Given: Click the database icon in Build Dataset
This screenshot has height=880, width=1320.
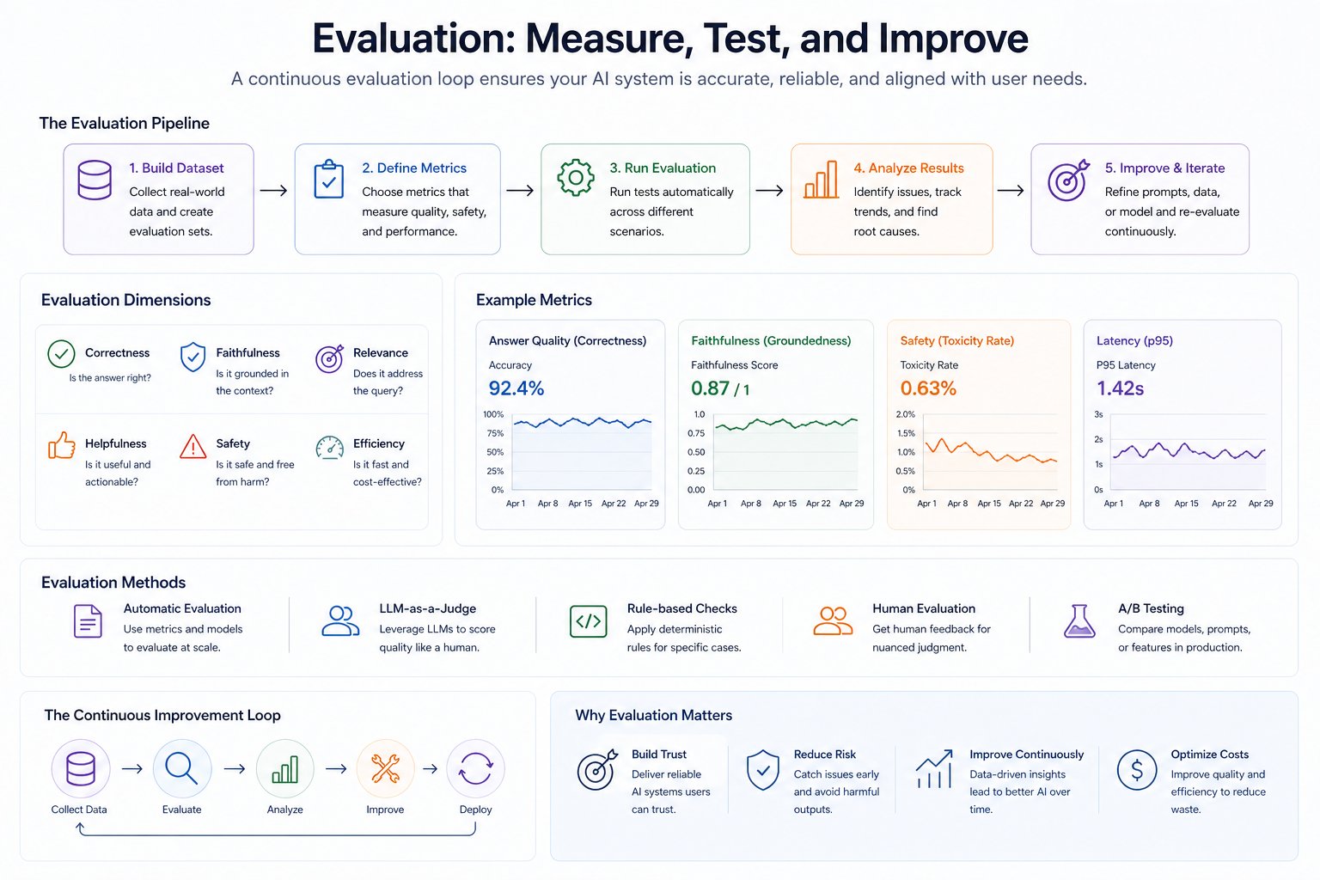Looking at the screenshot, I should pos(95,180).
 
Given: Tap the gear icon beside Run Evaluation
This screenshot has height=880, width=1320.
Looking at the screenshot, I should pos(576,179).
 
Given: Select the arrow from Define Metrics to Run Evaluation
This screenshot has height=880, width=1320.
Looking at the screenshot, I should pos(520,190).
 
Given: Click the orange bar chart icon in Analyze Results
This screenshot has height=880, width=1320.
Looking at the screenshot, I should pos(821,180).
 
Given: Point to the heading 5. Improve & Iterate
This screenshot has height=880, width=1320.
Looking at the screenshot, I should pos(1164,168).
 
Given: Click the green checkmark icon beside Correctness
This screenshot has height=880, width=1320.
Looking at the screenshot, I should pos(61,354).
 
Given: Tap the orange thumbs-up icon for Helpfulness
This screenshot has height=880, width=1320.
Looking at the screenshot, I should pos(61,445).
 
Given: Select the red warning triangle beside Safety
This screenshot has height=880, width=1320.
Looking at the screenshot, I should pos(193,446).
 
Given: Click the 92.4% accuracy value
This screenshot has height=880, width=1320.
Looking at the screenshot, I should pos(516,388).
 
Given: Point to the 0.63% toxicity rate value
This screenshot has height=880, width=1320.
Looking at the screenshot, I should pos(928,388).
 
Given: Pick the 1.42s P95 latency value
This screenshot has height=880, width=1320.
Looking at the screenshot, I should pos(1120,388).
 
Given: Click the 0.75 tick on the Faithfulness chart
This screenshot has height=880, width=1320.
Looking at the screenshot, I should pos(696,433).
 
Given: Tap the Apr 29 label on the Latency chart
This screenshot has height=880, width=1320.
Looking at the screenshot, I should pos(1261,504).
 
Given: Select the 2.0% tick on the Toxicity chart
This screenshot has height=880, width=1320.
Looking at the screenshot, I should pos(906,414).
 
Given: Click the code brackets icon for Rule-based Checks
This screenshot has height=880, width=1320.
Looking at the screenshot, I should pos(589,621).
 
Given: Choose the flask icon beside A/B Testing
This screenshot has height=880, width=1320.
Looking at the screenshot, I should pos(1079,620).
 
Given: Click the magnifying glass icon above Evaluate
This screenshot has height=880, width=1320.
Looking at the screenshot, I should pos(182,768).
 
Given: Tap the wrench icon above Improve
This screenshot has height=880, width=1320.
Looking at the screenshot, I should pos(385,768).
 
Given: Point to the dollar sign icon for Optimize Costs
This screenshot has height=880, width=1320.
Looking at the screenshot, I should pos(1137,770).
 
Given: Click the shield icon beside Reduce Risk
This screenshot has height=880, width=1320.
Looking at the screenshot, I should pos(763,770).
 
